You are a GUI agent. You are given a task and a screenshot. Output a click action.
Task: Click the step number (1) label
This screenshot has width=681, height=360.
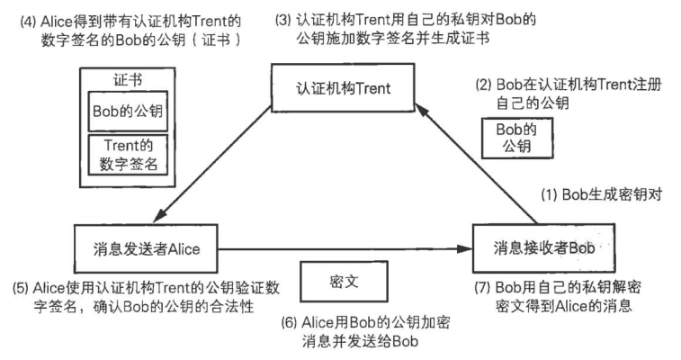pyautogui.click(x=550, y=193)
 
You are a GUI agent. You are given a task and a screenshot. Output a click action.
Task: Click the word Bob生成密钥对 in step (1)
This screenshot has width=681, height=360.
pyautogui.click(x=613, y=193)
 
